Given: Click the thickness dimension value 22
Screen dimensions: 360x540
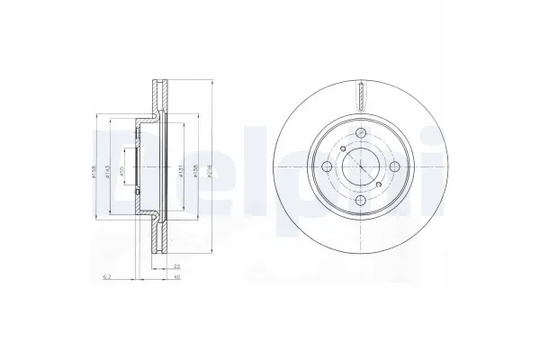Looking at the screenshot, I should [x=177, y=266].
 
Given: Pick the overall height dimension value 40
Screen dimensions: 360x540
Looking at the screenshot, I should [x=177, y=276].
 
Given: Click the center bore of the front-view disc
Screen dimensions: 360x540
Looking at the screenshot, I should [x=360, y=167].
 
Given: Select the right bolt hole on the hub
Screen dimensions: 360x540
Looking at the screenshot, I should [x=394, y=169].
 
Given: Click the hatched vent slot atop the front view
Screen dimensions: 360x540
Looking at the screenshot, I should [x=360, y=91].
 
